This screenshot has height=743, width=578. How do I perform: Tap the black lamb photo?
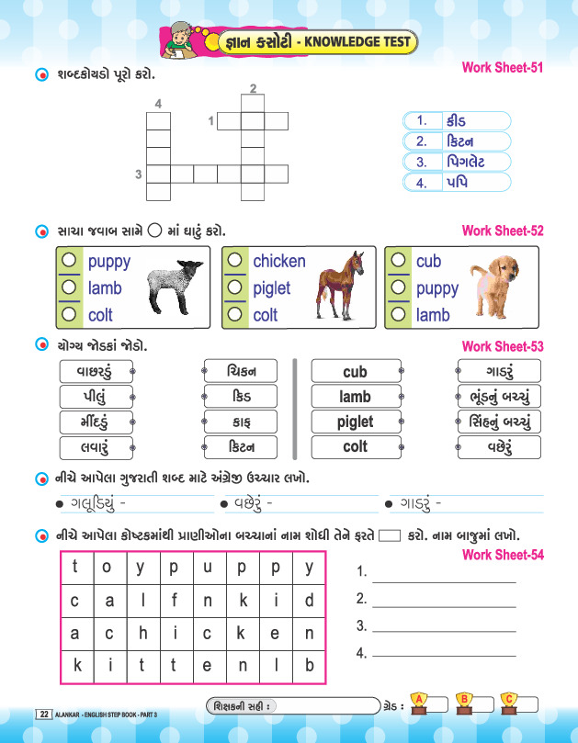(x=176, y=287)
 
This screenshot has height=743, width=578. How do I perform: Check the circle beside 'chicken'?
(x=236, y=261)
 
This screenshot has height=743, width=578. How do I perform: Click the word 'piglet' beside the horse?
(x=271, y=287)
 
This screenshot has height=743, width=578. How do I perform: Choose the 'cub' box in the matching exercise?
(x=355, y=372)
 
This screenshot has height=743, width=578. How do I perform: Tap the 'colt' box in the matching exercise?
(x=355, y=447)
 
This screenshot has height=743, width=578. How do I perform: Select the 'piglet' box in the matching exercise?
(x=355, y=422)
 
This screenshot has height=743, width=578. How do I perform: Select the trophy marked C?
(x=508, y=702)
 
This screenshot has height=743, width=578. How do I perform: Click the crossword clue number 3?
(x=139, y=174)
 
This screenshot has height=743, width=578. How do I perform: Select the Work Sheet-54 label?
(x=502, y=555)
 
